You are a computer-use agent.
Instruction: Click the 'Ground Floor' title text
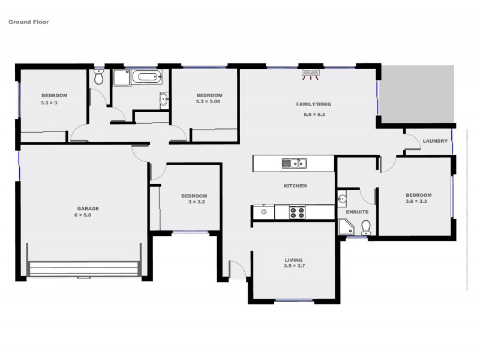click(x=28, y=22)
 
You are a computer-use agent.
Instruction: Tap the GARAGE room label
click(x=87, y=209)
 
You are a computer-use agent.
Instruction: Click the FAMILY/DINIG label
click(x=314, y=104)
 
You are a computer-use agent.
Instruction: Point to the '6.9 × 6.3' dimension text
click(x=314, y=114)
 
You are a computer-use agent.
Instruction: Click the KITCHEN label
click(x=295, y=186)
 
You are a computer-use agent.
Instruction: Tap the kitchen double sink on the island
click(x=295, y=163)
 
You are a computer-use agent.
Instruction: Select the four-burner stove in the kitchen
click(x=298, y=212)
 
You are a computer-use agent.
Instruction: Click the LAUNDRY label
click(x=435, y=141)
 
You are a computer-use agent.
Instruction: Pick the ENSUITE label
click(x=357, y=212)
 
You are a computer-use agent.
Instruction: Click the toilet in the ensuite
click(x=366, y=227)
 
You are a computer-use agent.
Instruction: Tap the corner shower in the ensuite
click(x=346, y=227)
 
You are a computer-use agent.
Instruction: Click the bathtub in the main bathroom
click(x=147, y=77)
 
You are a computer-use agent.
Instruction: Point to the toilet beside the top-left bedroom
click(x=100, y=77)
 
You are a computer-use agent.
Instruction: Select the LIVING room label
click(x=294, y=260)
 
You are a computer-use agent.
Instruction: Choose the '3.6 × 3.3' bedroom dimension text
click(x=418, y=202)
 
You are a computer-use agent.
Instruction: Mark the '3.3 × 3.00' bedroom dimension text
click(x=209, y=102)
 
